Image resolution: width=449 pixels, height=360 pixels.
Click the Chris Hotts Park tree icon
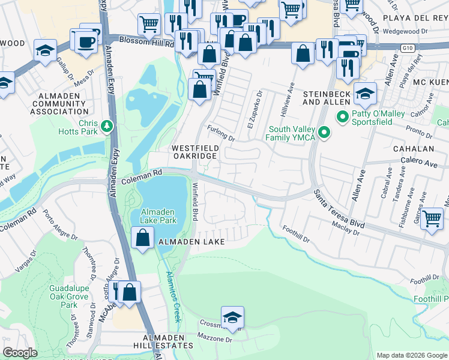point(107,125)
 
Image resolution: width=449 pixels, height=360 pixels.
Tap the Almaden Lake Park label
point(158,216)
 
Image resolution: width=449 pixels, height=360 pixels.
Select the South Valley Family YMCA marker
point(325,133)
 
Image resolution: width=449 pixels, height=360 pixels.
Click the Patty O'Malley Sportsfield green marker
point(343,116)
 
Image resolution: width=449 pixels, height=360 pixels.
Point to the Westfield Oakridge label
point(194,151)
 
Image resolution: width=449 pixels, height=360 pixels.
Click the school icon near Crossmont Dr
point(232,317)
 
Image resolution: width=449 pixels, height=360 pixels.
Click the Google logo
point(20,353)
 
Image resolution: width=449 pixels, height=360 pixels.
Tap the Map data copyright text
point(411,355)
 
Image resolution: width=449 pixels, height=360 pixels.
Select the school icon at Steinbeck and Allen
point(364,93)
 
